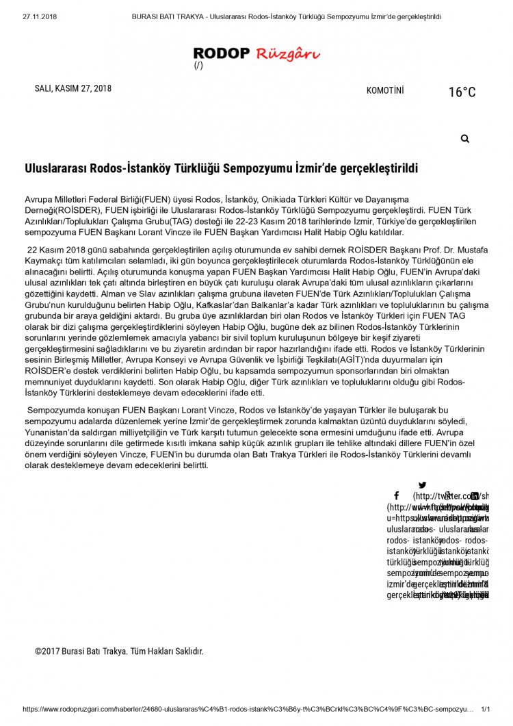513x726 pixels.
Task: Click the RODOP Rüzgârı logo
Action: coord(256,53)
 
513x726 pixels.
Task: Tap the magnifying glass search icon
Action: coord(465,139)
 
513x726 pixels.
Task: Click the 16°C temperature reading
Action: coord(462,92)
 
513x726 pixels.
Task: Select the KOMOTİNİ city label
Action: coord(385,90)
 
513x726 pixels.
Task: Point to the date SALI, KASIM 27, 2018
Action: coord(73,88)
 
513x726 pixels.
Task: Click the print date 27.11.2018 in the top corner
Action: coord(40,16)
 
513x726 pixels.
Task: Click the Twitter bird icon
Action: coord(422,485)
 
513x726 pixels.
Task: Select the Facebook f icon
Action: coord(396,495)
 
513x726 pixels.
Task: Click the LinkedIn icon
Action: coord(474,495)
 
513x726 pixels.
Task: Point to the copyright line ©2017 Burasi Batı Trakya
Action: coord(119,651)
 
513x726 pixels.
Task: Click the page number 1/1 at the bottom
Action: coord(486,710)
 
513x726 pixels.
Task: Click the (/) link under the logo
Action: coord(198,66)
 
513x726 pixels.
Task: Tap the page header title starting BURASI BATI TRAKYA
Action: coord(286,16)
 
